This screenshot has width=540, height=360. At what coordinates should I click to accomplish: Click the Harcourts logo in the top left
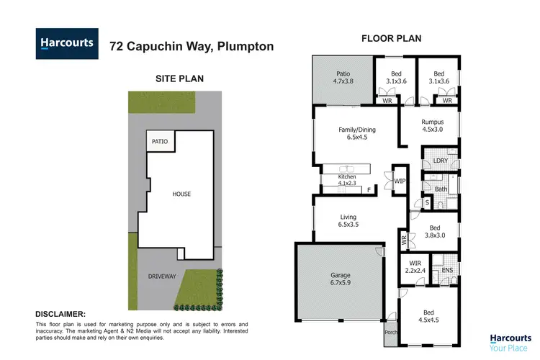tap(66, 44)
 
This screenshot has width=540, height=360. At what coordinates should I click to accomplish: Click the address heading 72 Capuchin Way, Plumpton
tap(191, 46)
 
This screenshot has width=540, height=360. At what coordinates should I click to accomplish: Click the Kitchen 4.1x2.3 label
tap(348, 180)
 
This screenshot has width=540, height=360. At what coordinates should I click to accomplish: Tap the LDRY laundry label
tap(441, 160)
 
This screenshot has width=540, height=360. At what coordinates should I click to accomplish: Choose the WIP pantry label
tap(400, 181)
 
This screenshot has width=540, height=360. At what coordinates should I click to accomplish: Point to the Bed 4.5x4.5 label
tap(428, 315)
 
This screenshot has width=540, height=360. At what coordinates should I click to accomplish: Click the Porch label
tap(390, 333)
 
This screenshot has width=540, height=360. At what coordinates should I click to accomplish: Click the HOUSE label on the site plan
tap(181, 194)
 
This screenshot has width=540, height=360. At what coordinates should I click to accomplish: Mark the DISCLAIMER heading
tap(60, 314)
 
